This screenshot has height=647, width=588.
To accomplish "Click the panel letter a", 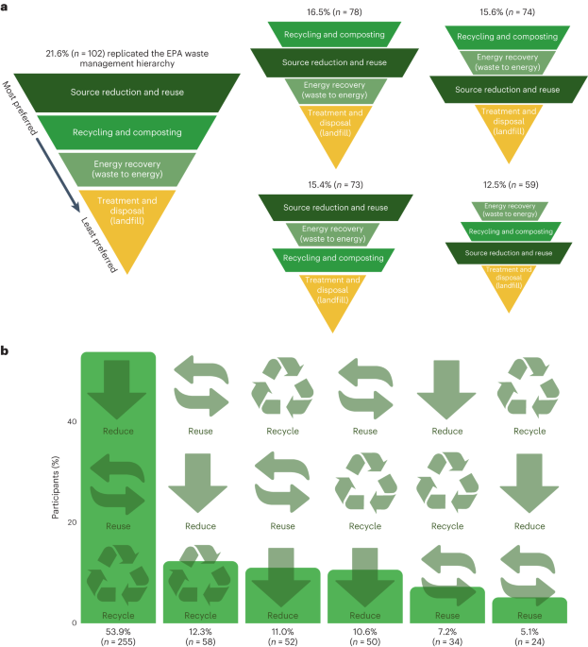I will pyautogui.click(x=6, y=7).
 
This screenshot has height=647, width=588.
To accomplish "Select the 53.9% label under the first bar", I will pyautogui.click(x=118, y=631).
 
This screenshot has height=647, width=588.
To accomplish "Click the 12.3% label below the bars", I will pyautogui.click(x=199, y=631).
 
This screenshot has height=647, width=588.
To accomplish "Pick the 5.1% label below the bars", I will pyautogui.click(x=529, y=631).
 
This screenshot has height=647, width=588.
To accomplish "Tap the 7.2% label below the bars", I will pyautogui.click(x=446, y=631).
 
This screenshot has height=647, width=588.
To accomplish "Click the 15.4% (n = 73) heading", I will pyautogui.click(x=324, y=188).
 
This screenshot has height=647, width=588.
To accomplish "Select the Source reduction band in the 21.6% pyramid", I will pyautogui.click(x=126, y=93).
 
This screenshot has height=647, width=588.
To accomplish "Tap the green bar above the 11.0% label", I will pyautogui.click(x=281, y=595).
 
